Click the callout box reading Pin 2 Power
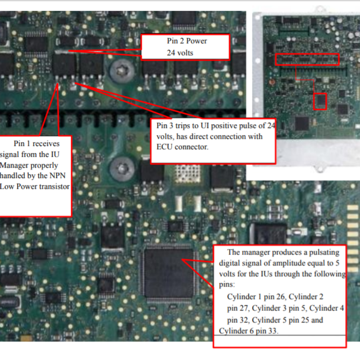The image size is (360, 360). coord(185,47)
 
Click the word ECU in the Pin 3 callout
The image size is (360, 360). coord(164,147)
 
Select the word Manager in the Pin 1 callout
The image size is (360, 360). coord(29,166)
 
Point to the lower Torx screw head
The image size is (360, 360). coord(122,170)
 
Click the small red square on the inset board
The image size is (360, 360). coord(320,101)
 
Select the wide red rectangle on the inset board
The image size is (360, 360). coord(307,60)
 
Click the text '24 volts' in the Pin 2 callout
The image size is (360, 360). coord(180,53)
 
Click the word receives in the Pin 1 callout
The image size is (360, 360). coord(46,144)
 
